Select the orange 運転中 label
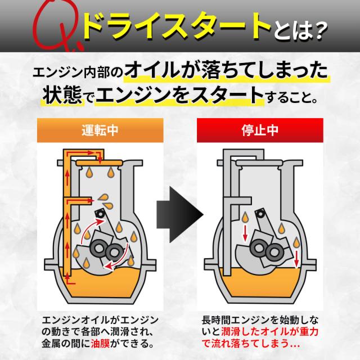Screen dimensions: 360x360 (100, 130)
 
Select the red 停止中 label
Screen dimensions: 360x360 (260, 130)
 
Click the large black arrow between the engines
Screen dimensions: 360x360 (180, 215)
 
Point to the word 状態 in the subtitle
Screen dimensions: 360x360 (62, 96)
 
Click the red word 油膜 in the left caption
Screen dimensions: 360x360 (100, 344)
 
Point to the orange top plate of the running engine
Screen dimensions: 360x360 (99, 163)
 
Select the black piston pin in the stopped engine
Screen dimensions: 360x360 (260, 214)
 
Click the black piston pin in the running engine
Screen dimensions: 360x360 (101, 214)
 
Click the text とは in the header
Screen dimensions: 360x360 (291, 31)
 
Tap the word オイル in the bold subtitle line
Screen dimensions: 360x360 (152, 71)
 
